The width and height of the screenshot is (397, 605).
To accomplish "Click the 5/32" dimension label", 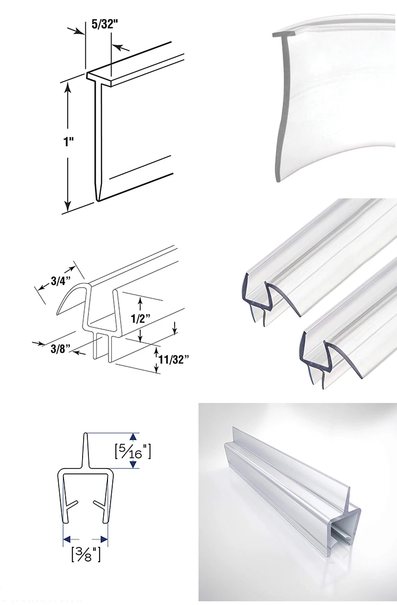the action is pyautogui.click(x=104, y=24).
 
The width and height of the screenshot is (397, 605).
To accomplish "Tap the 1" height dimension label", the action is pyautogui.click(x=68, y=142).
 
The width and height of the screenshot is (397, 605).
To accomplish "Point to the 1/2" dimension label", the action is pyautogui.click(x=140, y=319).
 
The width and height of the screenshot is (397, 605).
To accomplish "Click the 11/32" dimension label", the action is pyautogui.click(x=174, y=360).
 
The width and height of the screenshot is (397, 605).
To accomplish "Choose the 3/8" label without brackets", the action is pyautogui.click(x=61, y=349).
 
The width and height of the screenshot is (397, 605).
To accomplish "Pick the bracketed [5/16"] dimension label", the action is pyautogui.click(x=133, y=451).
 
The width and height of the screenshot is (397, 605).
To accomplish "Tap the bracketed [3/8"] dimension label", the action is pyautogui.click(x=86, y=554).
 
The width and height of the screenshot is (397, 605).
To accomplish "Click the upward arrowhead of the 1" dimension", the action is pyautogui.click(x=68, y=89).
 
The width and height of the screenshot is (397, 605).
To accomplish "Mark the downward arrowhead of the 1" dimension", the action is pyautogui.click(x=68, y=205).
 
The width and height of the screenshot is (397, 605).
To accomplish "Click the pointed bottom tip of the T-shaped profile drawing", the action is pyautogui.click(x=97, y=200).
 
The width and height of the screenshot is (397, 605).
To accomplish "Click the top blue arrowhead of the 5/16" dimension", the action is pyautogui.click(x=133, y=436).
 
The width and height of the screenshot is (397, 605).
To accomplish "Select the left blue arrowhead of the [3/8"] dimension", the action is pyautogui.click(x=67, y=539).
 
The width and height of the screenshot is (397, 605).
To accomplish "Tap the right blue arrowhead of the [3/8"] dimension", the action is pyautogui.click(x=104, y=539).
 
